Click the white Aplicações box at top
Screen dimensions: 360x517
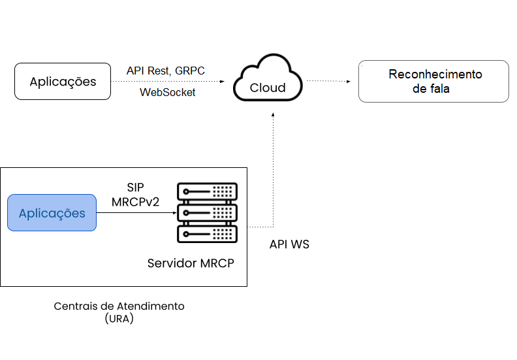pos(63,82)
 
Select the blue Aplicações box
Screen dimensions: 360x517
pos(52,213)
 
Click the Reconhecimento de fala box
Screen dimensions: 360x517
pos(433,82)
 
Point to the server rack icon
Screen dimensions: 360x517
pos(208,212)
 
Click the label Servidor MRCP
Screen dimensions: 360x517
pos(191,263)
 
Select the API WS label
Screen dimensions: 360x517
pos(289,244)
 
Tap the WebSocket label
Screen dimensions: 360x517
pos(168,93)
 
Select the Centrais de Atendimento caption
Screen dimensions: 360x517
pos(119,306)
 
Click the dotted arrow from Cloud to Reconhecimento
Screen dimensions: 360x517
pos(330,81)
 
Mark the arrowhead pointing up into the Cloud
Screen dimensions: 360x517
pos(274,115)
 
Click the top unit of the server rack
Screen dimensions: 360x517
pos(208,191)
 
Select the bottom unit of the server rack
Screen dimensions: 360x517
pos(208,234)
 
